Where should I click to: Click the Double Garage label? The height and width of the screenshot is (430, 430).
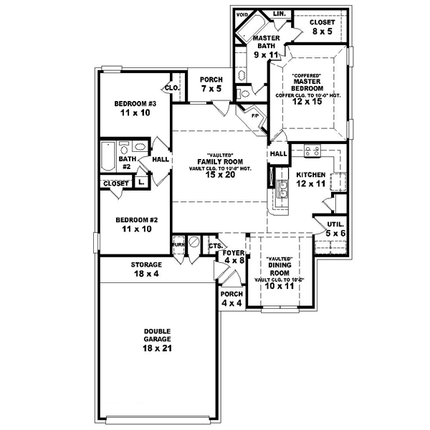coord(156,337)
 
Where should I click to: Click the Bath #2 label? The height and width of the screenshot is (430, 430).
coord(125,163)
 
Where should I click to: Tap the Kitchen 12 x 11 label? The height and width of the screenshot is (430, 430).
coord(311,179)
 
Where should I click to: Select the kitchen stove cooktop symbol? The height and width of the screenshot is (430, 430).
coord(312,150)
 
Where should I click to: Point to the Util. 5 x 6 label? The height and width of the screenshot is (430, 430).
coord(335,229)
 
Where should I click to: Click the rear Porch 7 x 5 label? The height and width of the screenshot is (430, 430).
coord(211,84)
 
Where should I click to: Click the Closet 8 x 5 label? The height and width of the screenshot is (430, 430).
coord(322,27)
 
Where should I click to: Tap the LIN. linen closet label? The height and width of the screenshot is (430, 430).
coord(279,14)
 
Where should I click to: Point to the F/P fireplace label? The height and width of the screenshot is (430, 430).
coord(254,113)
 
